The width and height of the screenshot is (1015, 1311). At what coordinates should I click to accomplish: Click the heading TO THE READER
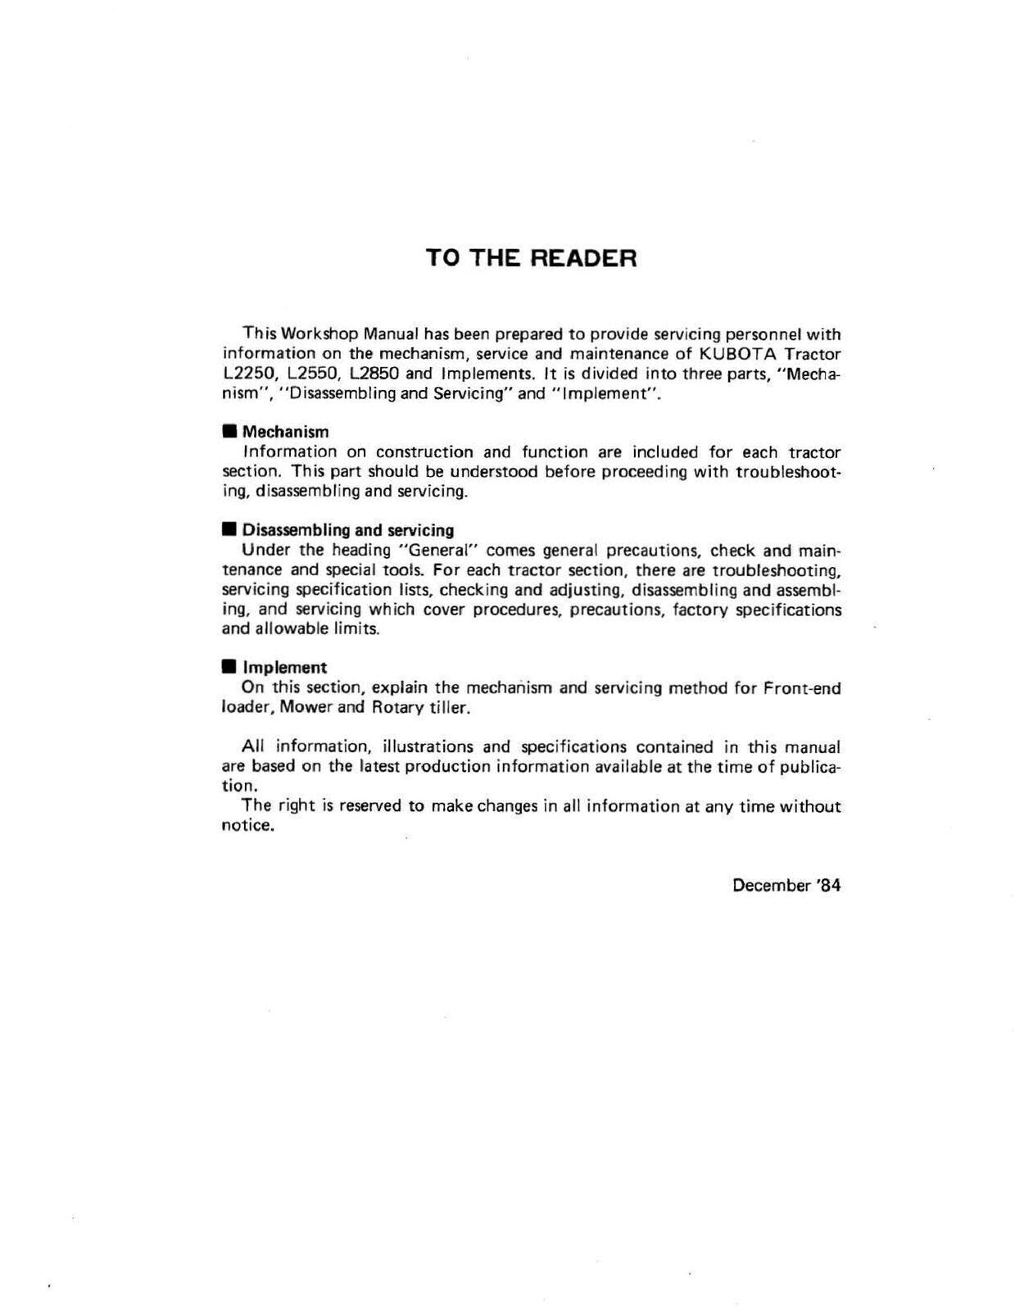point(531,258)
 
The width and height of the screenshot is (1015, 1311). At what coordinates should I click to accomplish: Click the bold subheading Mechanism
point(285,432)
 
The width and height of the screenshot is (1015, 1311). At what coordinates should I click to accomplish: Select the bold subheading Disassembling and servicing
point(347,530)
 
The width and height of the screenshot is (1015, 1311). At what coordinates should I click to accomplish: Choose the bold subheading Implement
point(284,668)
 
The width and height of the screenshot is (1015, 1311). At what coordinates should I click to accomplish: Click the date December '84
point(786,885)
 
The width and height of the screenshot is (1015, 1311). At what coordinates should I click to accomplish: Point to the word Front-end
point(802,688)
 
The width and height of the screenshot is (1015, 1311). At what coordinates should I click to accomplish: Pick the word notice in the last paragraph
point(247,826)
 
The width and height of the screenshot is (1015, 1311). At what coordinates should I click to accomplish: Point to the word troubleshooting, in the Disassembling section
point(777,570)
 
